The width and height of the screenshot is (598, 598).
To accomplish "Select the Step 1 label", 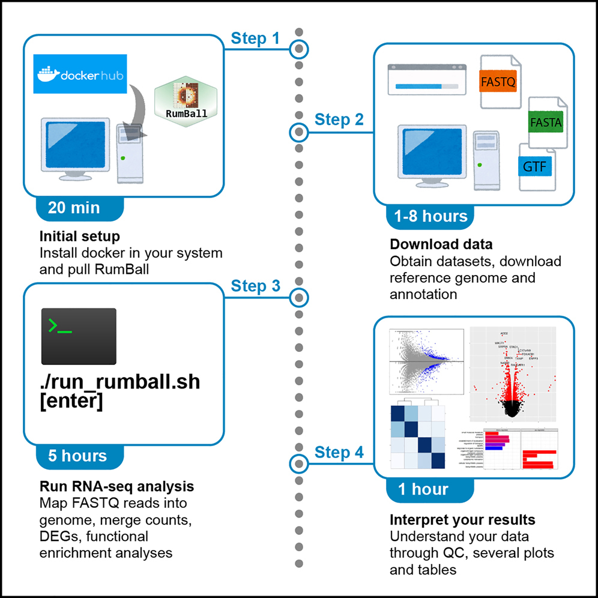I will [255, 39].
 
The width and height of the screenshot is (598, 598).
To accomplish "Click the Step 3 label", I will [255, 286].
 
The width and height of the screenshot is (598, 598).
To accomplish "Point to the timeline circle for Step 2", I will [298, 131].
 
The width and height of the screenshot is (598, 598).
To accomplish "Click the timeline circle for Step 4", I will [298, 464].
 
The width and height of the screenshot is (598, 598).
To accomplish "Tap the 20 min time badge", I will [74, 208].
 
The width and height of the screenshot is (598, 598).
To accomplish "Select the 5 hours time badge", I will [77, 456].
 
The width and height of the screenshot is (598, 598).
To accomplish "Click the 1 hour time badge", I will [423, 489].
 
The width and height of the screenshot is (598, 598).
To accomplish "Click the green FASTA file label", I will [545, 122].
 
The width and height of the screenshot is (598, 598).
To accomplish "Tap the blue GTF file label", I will [534, 166].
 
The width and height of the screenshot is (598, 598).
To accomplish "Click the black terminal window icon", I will [79, 336].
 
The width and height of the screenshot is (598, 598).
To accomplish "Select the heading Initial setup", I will [79, 236].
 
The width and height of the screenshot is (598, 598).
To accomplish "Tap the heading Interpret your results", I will [462, 519].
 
